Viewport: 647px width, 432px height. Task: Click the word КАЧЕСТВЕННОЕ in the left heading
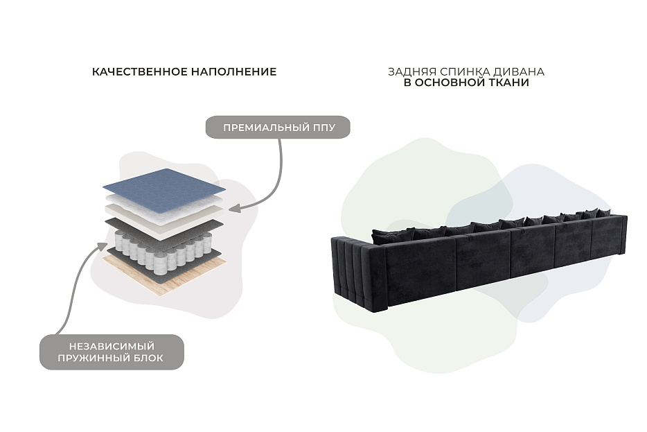point(139,72)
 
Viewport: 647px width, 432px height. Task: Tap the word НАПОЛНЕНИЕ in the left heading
point(234,72)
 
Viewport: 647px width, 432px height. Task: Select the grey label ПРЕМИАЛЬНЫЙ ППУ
point(278,127)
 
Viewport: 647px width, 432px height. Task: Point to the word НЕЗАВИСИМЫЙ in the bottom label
point(112,346)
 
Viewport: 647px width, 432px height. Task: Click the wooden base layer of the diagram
point(165,275)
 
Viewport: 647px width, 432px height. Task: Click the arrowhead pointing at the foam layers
point(234,208)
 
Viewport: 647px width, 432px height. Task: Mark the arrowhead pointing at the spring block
point(103,246)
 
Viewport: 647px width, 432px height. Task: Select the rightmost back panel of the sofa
point(609,236)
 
